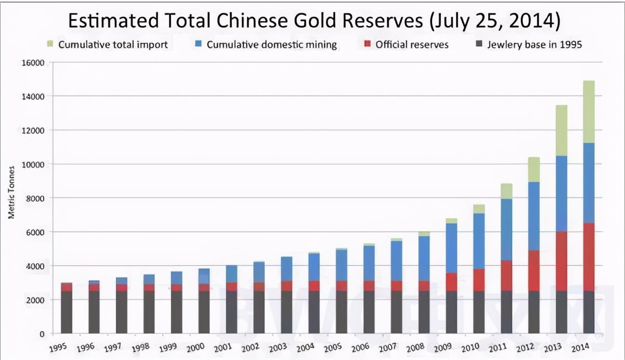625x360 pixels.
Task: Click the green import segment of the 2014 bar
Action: pyautogui.click(x=589, y=111)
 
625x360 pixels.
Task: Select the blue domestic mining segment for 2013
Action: pyautogui.click(x=562, y=194)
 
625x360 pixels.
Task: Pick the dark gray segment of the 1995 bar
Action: pyautogui.click(x=67, y=312)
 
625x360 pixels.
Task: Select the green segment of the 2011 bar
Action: pyautogui.click(x=506, y=191)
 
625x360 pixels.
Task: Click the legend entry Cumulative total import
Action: pyautogui.click(x=112, y=44)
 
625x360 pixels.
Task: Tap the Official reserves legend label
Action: pyautogui.click(x=411, y=44)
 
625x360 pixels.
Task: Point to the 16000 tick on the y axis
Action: pyautogui.click(x=33, y=62)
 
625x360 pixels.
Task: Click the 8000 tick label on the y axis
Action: pyautogui.click(x=34, y=198)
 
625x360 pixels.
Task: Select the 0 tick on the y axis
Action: pyautogui.click(x=42, y=333)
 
